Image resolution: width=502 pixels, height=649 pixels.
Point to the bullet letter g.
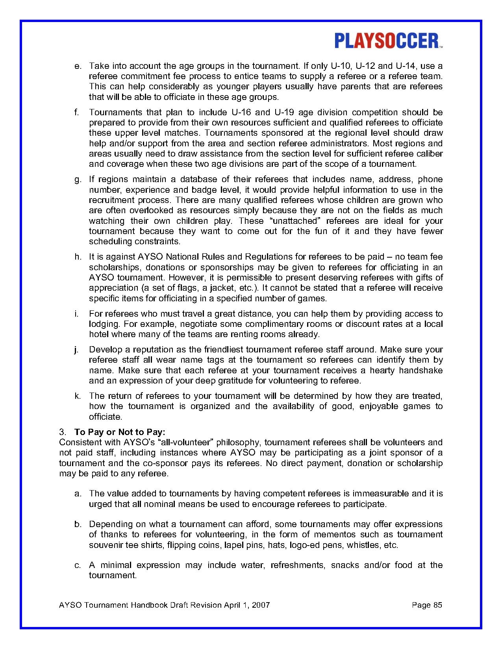pos(77,180)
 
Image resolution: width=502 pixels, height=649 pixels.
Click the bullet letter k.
pos(77,396)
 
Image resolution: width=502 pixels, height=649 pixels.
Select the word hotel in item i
pos(98,334)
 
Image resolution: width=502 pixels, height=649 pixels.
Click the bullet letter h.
pos(77,257)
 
